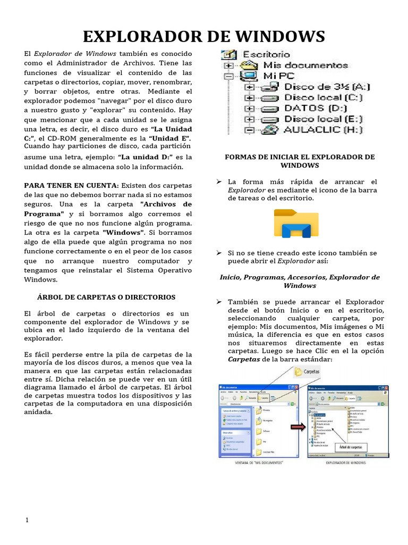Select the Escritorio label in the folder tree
(266, 54)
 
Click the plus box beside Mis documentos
(229, 65)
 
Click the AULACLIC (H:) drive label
(324, 129)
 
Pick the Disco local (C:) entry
(324, 97)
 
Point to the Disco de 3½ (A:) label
(327, 87)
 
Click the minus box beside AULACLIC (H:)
(248, 130)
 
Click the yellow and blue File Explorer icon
(296, 223)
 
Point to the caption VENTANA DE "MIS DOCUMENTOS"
(259, 463)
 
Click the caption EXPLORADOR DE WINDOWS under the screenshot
(346, 463)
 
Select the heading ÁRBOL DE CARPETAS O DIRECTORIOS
(106, 296)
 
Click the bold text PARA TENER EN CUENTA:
(72, 185)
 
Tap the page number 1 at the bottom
(27, 520)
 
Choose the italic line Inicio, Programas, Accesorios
(300, 277)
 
